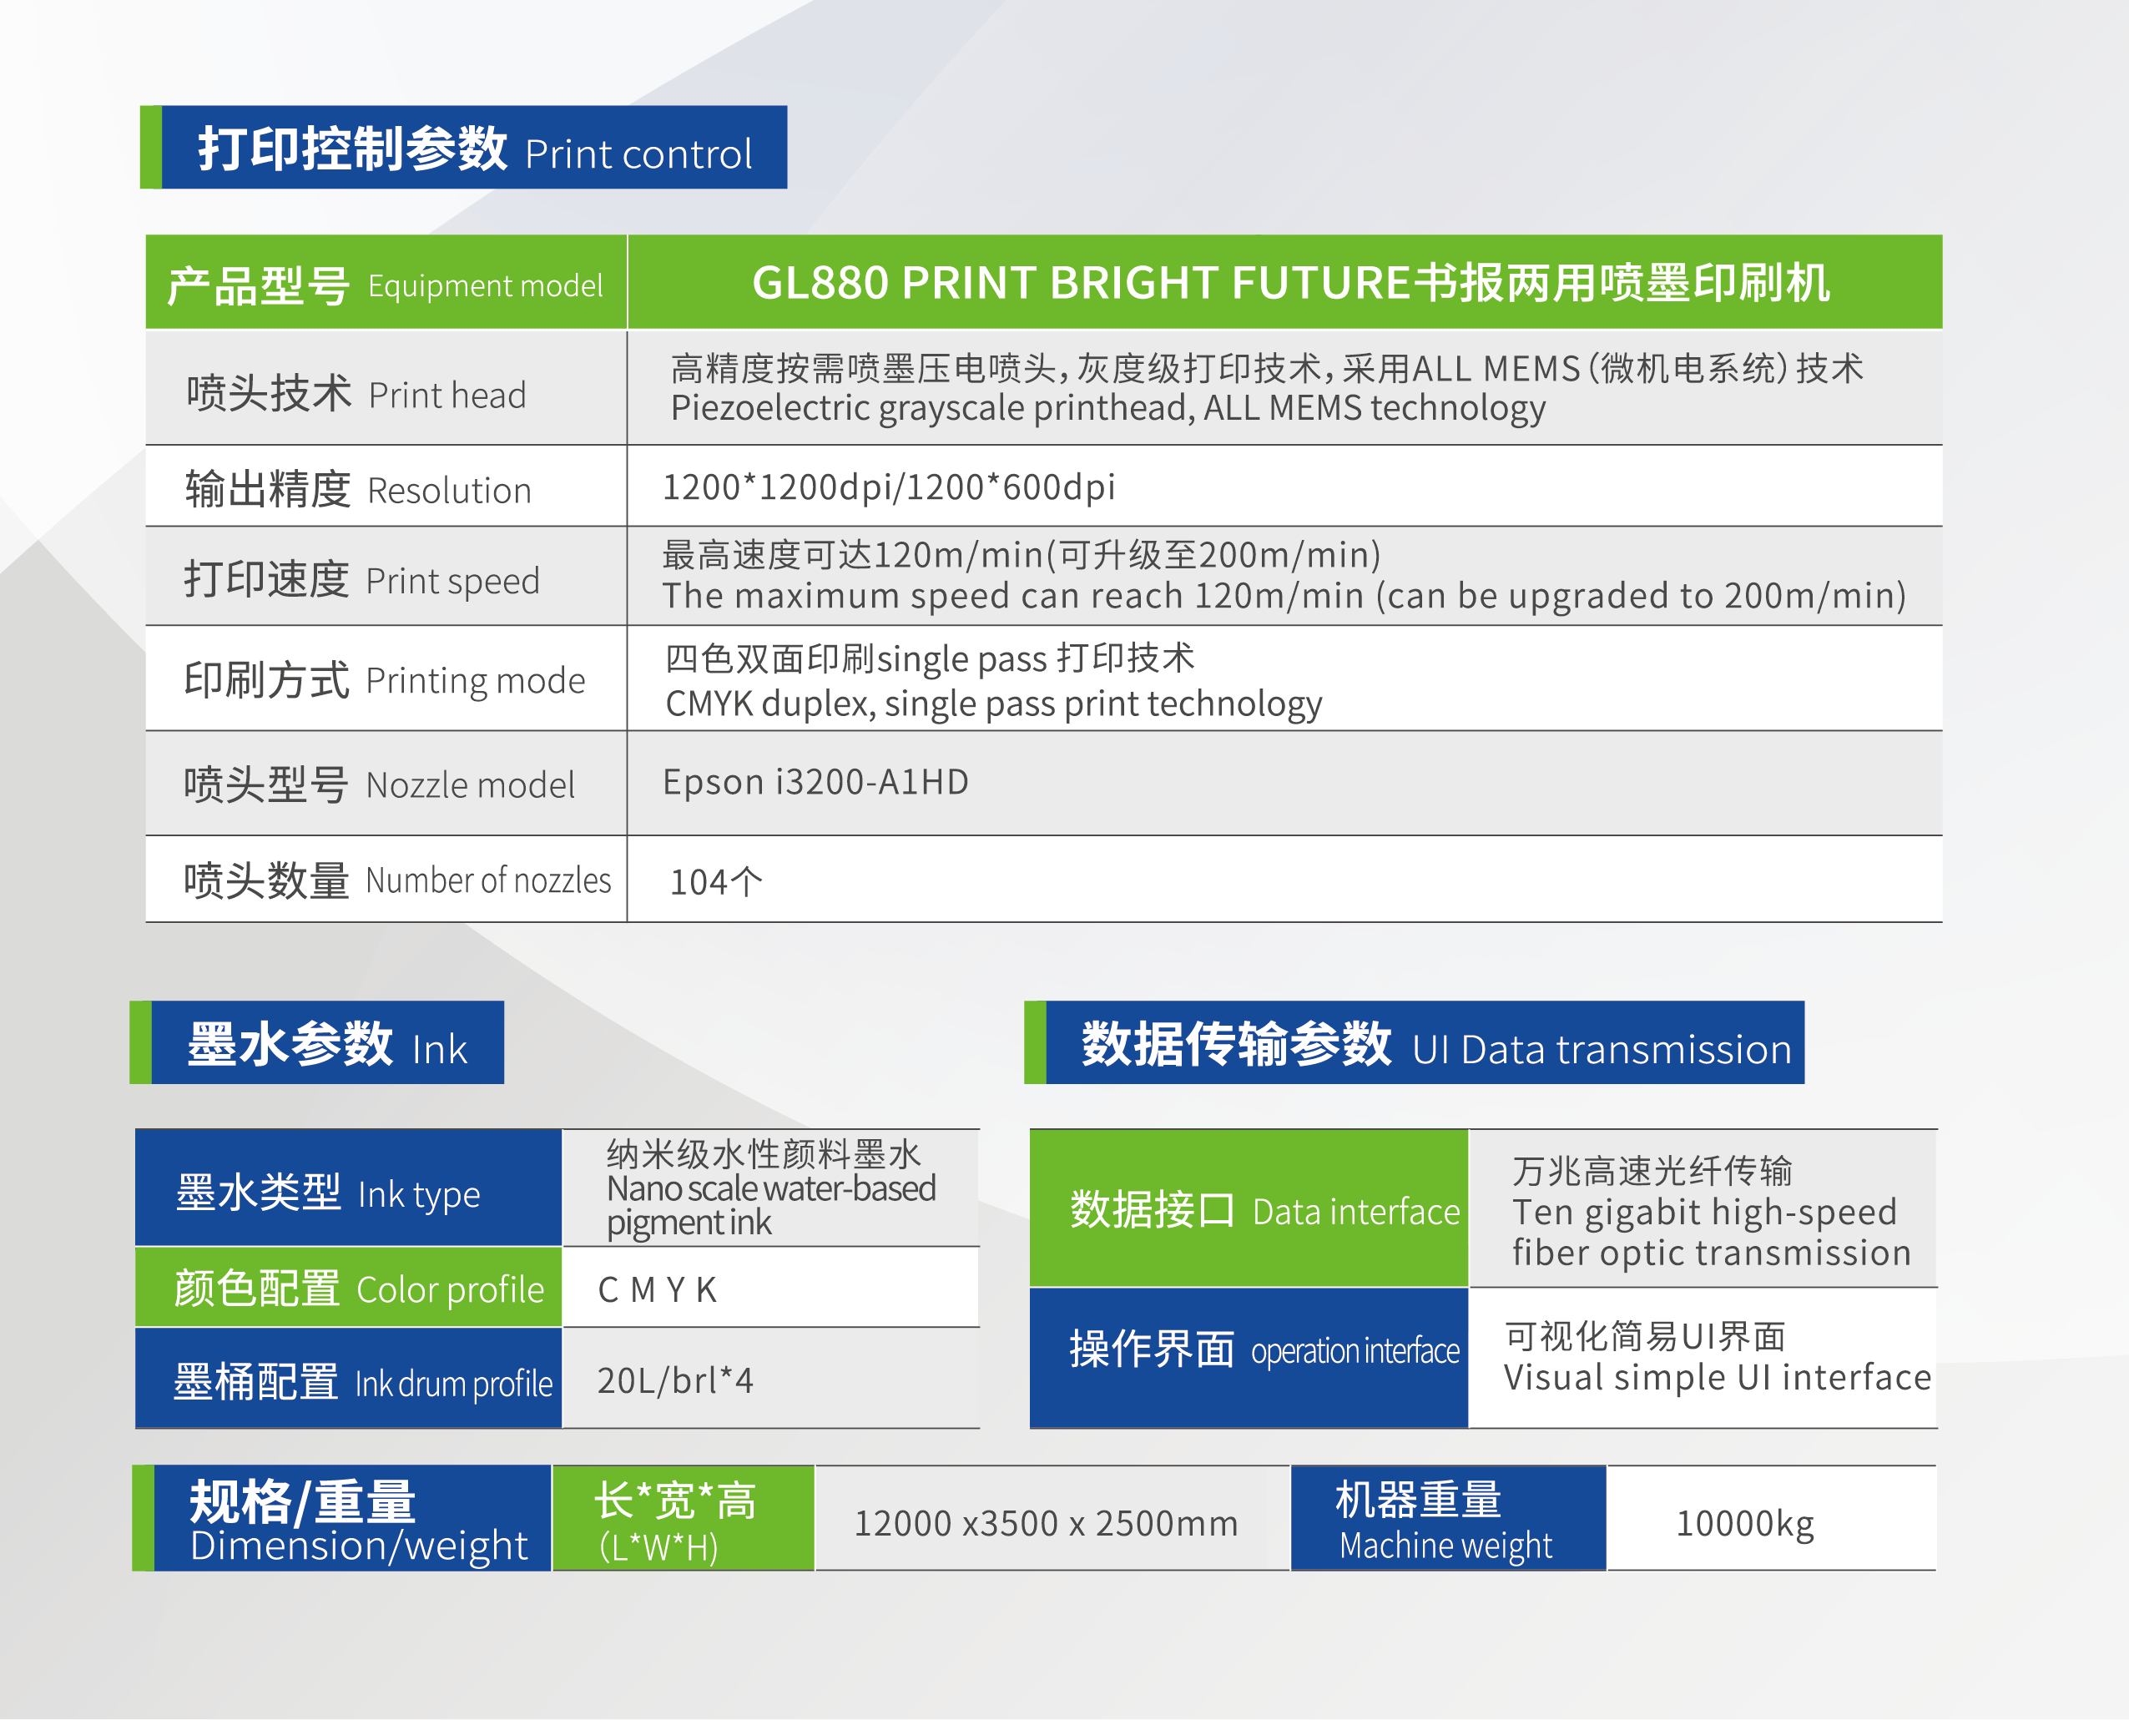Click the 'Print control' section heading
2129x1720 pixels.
click(464, 148)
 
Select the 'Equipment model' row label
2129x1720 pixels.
click(386, 285)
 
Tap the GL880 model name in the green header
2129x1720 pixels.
click(1290, 284)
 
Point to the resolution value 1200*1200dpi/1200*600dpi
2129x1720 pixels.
click(889, 487)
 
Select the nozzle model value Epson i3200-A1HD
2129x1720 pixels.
click(815, 783)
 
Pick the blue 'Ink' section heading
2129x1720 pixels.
click(317, 1042)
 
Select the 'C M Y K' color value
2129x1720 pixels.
click(657, 1290)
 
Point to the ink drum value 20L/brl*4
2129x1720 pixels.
click(674, 1380)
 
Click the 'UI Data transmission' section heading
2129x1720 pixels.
click(1414, 1042)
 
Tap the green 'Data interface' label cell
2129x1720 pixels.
click(1249, 1208)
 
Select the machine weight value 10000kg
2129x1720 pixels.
click(1744, 1523)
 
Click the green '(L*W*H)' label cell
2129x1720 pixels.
click(684, 1518)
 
